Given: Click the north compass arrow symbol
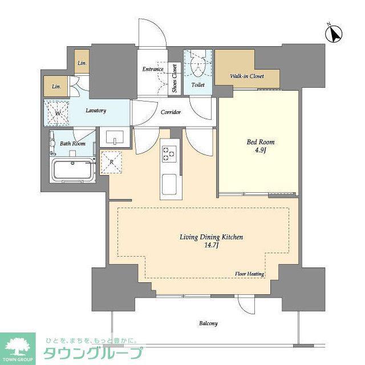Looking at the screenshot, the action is pyautogui.click(x=333, y=34).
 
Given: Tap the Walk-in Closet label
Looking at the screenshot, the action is pyautogui.click(x=247, y=76).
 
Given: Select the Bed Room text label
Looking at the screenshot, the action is pyautogui.click(x=261, y=142).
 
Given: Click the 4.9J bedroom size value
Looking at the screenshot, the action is pyautogui.click(x=261, y=150).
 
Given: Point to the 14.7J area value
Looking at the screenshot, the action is pyautogui.click(x=211, y=245).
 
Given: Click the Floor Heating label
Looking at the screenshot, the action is pyautogui.click(x=250, y=274).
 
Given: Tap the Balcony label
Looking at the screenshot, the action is pyautogui.click(x=208, y=323).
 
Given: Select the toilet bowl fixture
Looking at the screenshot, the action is pyautogui.click(x=198, y=66).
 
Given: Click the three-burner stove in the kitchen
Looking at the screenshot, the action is pyautogui.click(x=169, y=153).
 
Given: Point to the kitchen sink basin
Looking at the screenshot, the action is pyautogui.click(x=169, y=185).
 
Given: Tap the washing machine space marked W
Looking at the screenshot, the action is pyautogui.click(x=57, y=113).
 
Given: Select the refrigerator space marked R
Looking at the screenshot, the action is pyautogui.click(x=111, y=162).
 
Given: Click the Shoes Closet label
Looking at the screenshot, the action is pyautogui.click(x=175, y=78).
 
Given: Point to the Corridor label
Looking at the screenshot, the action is pyautogui.click(x=171, y=112).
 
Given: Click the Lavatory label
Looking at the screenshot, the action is pyautogui.click(x=96, y=110).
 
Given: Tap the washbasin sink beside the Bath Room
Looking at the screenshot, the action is pyautogui.click(x=115, y=137).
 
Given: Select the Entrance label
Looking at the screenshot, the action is pyautogui.click(x=153, y=69).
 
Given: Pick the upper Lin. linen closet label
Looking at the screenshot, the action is pyautogui.click(x=82, y=63).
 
